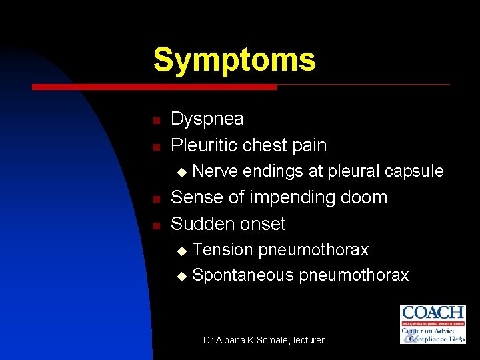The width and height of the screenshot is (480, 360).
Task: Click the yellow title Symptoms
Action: [x=234, y=59]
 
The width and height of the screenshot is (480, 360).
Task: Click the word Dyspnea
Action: [x=207, y=119]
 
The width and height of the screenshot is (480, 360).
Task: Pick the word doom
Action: [x=364, y=197]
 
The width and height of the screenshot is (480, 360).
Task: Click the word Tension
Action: [x=222, y=250]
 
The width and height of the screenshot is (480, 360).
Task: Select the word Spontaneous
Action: [x=243, y=275]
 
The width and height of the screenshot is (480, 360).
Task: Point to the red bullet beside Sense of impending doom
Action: [x=155, y=199]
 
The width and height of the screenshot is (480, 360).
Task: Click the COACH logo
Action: [x=432, y=325]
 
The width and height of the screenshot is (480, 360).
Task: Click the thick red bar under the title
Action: [x=154, y=87]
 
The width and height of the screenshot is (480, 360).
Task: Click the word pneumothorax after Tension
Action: [x=313, y=250]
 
